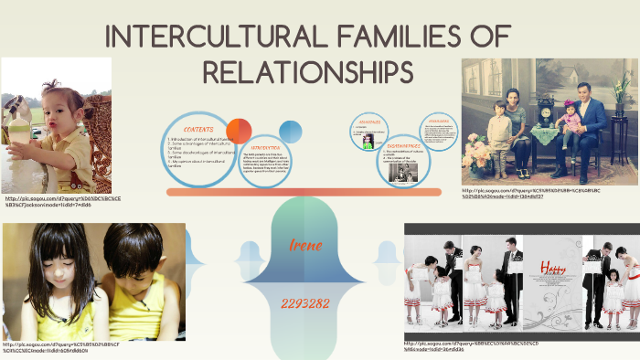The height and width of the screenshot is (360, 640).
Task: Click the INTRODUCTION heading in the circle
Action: pos(264,146)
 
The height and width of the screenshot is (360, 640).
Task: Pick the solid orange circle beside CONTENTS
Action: pos(239,132)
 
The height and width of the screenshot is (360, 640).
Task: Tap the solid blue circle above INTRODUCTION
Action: pos(290,132)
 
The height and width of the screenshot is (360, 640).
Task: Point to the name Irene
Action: pos(305,245)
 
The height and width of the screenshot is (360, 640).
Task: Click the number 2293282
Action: pos(305,302)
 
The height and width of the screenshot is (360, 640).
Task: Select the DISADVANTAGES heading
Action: pos(402,145)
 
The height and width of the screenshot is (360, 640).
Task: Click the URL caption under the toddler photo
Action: pos(62,201)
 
